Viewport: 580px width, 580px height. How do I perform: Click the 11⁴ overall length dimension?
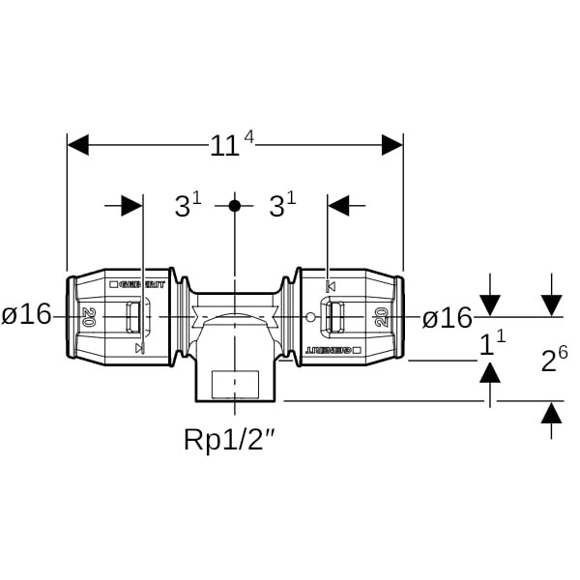tap(231, 145)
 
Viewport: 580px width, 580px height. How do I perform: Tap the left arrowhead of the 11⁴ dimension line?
tap(78, 145)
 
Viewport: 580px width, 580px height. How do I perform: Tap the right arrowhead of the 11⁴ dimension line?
tap(391, 145)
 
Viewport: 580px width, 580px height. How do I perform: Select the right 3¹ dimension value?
tap(281, 206)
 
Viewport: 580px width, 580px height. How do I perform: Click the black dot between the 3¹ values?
tap(234, 206)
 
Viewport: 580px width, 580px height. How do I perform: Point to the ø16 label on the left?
tap(26, 316)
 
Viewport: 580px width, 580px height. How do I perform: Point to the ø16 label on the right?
tap(447, 317)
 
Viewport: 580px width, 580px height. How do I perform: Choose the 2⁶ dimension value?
tap(553, 360)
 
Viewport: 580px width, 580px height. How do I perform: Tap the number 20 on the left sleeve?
tap(89, 316)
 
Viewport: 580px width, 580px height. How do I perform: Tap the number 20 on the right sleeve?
tap(380, 317)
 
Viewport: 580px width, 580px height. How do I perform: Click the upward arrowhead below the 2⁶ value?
tap(552, 414)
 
